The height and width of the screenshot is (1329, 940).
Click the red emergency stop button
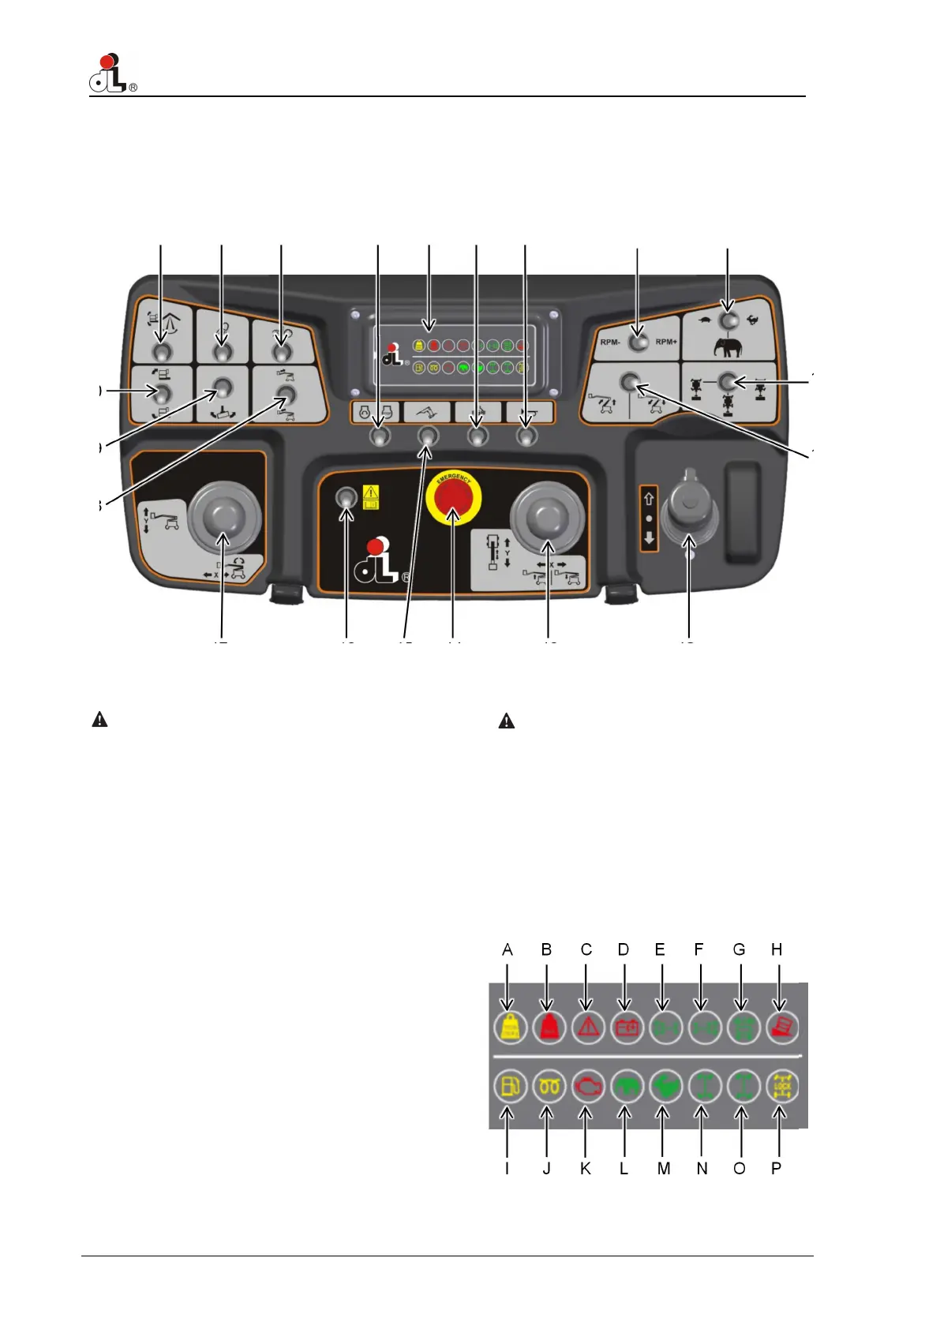[x=453, y=502]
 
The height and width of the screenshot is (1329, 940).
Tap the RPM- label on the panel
[x=609, y=342]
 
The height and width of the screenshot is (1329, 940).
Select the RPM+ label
[x=666, y=342]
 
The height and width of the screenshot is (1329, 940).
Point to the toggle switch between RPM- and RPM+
[x=638, y=342]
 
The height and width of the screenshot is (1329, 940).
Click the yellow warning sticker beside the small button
[x=370, y=497]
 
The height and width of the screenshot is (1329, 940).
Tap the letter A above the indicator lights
[x=507, y=949]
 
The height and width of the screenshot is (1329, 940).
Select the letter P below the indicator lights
[x=777, y=1168]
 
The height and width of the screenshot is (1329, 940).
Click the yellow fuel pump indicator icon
[x=507, y=1087]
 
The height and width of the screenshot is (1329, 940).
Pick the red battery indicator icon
[x=627, y=1028]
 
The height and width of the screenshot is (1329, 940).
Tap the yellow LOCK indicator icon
[x=781, y=1087]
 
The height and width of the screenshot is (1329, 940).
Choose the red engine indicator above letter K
[x=587, y=1087]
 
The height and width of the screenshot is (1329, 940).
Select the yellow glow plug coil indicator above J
[x=549, y=1087]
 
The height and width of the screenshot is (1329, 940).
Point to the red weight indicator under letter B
[x=549, y=1028]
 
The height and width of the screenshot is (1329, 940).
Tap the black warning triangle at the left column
[x=100, y=720]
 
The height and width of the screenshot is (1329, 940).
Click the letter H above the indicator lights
[x=777, y=949]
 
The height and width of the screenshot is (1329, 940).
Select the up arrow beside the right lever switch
[x=649, y=499]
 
